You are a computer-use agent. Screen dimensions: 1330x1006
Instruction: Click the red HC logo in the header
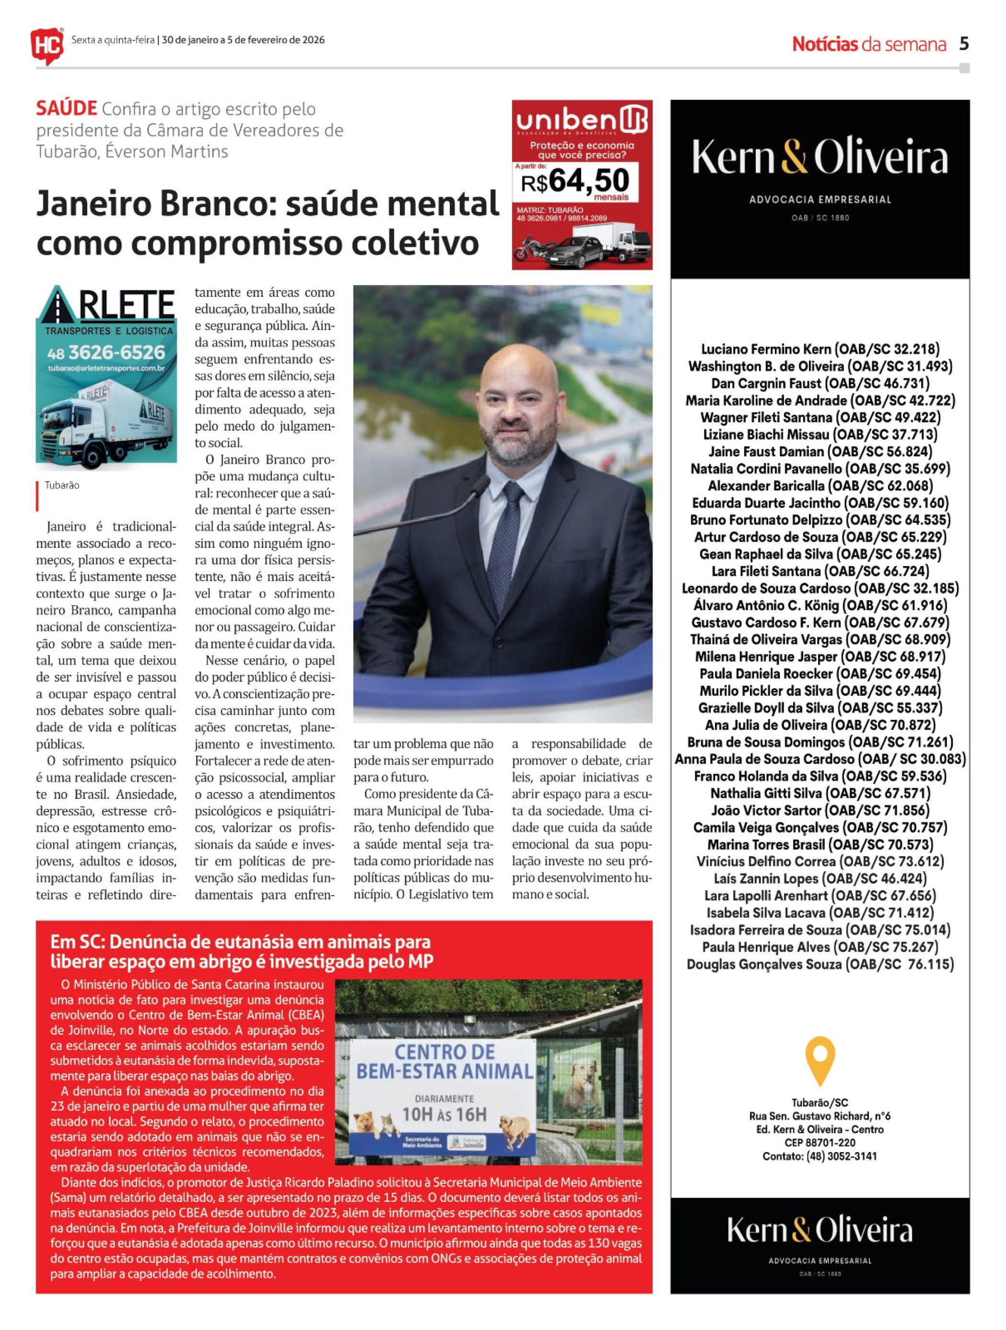[x=47, y=45]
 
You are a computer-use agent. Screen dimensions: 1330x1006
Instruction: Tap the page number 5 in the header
[x=964, y=44]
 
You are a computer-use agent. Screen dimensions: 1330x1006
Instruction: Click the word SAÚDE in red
[x=66, y=109]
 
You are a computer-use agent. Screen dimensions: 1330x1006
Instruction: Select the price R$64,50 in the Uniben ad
[x=575, y=180]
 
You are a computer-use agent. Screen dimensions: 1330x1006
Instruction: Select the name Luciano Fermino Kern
[x=767, y=350]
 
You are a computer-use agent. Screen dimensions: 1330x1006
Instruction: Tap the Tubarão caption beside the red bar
[x=62, y=485]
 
